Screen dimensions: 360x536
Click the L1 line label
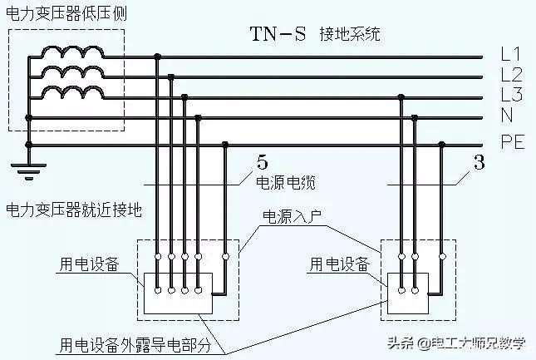pyautogui.click(x=511, y=55)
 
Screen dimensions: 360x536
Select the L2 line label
pyautogui.click(x=511, y=75)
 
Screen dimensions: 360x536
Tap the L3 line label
pyautogui.click(x=511, y=94)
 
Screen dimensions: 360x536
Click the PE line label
pyautogui.click(x=512, y=142)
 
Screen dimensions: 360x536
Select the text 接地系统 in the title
pyautogui.click(x=350, y=35)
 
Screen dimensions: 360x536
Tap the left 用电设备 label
pyautogui.click(x=89, y=264)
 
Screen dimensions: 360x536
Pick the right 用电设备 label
pyautogui.click(x=340, y=264)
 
